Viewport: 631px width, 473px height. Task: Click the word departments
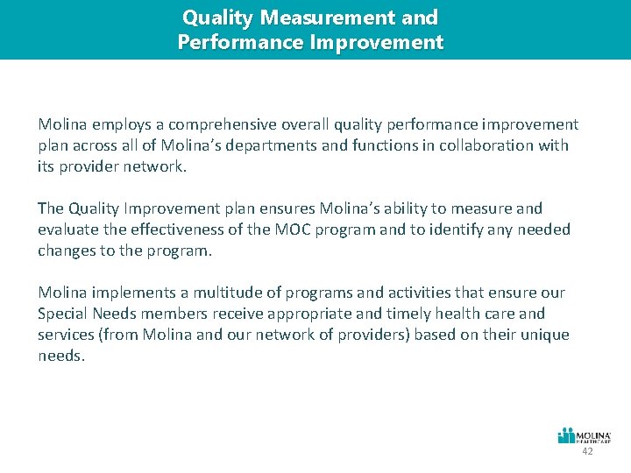point(284,145)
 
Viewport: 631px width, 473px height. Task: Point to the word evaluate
point(66,229)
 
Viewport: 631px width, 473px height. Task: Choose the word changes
point(67,251)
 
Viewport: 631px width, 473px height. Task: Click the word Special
point(61,314)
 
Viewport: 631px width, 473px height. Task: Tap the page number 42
point(587,451)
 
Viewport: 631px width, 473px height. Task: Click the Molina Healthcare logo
point(585,435)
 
